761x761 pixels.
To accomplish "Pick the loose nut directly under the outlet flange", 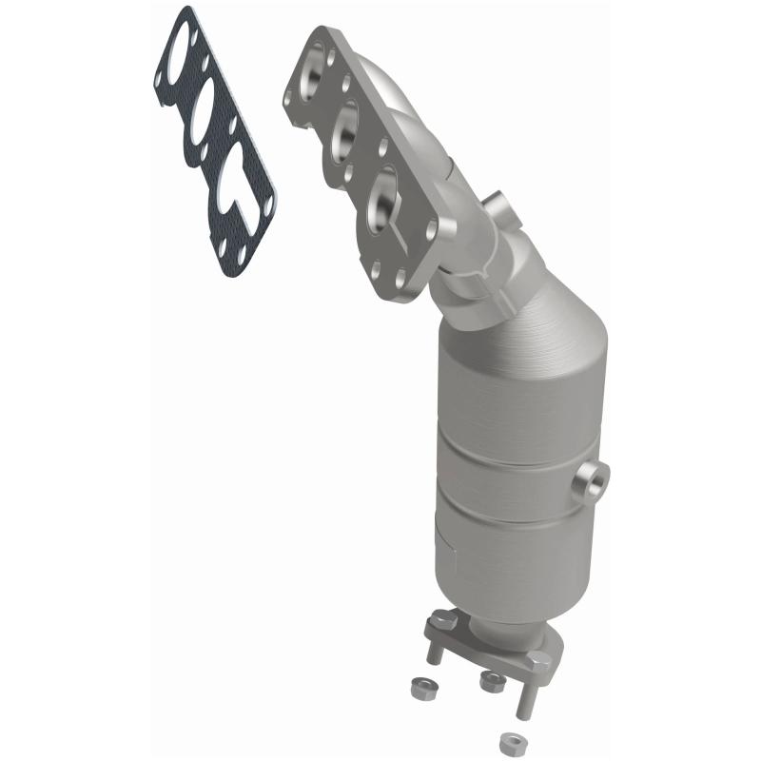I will [x=492, y=679].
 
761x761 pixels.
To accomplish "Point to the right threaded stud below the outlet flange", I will [x=521, y=699].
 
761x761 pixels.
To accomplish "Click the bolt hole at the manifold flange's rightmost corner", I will [x=433, y=228].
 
